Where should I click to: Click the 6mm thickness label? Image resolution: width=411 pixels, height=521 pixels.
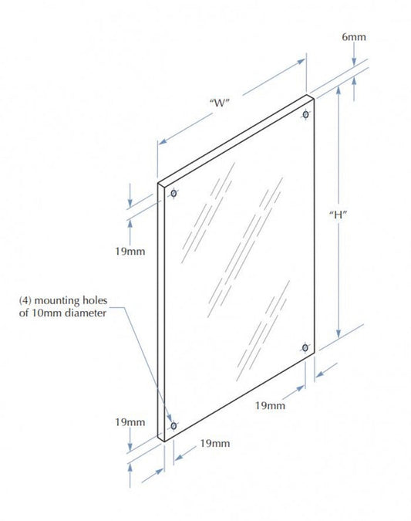354,37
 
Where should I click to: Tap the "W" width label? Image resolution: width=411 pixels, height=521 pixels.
220,103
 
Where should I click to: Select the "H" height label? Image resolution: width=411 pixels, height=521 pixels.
338,215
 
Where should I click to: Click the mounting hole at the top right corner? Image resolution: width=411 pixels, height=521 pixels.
305,115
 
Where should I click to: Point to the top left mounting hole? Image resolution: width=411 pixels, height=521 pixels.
173,193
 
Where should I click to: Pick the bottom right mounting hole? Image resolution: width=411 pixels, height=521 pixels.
305,347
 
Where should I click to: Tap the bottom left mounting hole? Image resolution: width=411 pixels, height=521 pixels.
173,425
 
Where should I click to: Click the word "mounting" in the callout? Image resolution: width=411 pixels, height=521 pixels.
57,301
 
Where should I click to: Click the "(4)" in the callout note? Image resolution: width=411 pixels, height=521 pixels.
25,301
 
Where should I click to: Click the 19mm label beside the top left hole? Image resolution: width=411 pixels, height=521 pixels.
130,251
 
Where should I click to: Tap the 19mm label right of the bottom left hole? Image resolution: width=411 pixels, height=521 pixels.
215,443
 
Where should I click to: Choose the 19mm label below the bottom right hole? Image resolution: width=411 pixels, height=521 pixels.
270,405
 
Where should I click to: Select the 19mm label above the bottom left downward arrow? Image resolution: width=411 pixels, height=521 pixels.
130,422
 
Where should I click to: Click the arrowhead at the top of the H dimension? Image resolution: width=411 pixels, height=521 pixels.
339,90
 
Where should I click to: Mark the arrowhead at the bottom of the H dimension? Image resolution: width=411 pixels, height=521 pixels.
339,333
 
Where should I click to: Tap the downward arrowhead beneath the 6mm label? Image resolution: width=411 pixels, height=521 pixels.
354,62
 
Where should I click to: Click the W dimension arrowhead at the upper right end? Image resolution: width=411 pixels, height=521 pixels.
301,62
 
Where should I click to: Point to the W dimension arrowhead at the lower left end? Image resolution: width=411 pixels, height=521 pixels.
163,141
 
